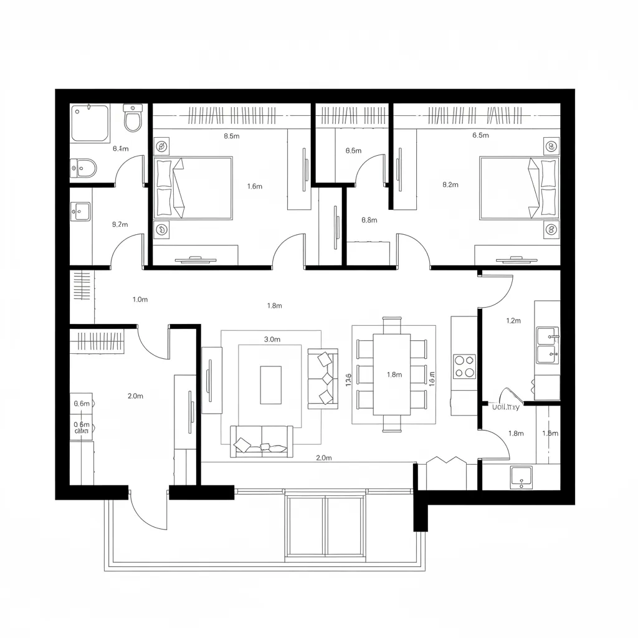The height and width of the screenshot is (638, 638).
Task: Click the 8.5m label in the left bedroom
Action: (x=231, y=136)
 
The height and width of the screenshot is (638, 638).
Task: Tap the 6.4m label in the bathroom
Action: (x=120, y=148)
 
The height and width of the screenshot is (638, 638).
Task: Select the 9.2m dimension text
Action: (x=120, y=224)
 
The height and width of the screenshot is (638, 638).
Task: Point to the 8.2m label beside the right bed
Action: (x=450, y=184)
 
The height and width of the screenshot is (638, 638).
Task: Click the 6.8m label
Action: (x=369, y=220)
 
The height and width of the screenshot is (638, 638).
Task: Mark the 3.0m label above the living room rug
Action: (x=272, y=340)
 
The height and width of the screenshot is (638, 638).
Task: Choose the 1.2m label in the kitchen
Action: (x=513, y=321)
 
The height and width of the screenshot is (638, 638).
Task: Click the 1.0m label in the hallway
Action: (x=140, y=299)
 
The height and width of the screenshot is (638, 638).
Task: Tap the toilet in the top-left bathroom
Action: (x=133, y=118)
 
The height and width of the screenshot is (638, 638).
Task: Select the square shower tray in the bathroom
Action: (x=90, y=122)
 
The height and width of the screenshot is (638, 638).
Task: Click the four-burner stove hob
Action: (x=464, y=366)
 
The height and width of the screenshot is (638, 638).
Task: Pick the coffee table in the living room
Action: (x=270, y=385)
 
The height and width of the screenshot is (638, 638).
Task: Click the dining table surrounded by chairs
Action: (x=392, y=374)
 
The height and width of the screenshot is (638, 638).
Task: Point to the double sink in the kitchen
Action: (x=548, y=345)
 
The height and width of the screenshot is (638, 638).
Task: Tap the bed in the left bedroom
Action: (x=193, y=188)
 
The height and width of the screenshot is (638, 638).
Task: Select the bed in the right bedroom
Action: (x=518, y=188)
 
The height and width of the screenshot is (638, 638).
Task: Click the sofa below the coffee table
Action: (x=262, y=441)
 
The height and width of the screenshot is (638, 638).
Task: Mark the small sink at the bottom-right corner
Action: (x=521, y=476)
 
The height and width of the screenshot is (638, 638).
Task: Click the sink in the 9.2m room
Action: (x=81, y=212)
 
